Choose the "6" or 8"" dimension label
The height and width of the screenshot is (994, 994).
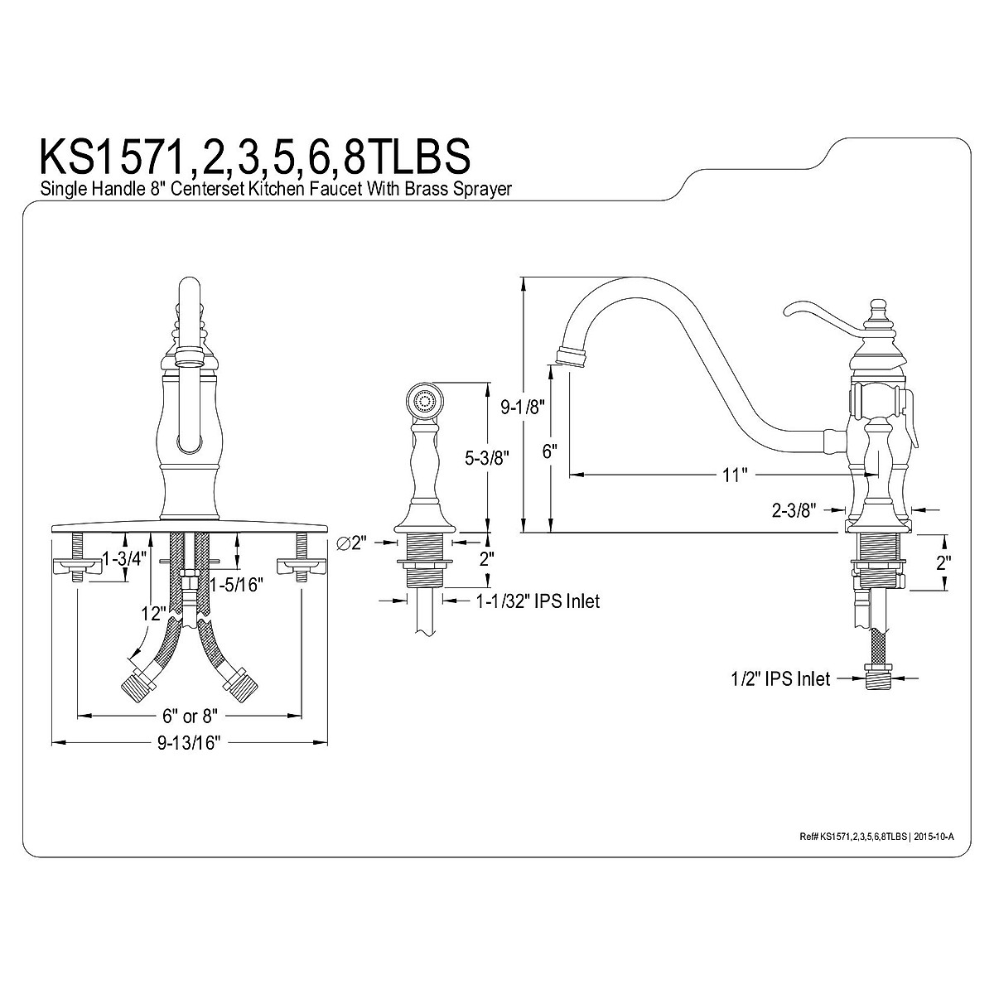click(190, 716)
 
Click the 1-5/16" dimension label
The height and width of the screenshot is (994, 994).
click(236, 585)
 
